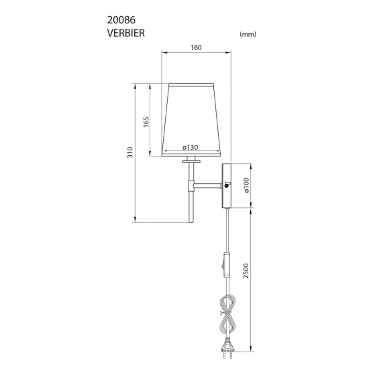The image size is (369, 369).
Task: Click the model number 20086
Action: [121, 20]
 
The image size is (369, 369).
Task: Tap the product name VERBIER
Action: [126, 33]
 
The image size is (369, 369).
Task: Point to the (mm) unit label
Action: [248, 34]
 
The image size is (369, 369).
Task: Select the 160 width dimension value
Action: [196, 48]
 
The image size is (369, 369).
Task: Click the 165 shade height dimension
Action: [146, 122]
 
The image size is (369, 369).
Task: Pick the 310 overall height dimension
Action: [130, 152]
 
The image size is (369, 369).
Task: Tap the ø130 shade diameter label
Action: [190, 148]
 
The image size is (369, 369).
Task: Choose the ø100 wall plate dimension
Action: [246, 185]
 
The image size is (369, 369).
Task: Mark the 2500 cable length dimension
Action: [246, 270]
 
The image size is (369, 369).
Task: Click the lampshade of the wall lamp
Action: [191, 120]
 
